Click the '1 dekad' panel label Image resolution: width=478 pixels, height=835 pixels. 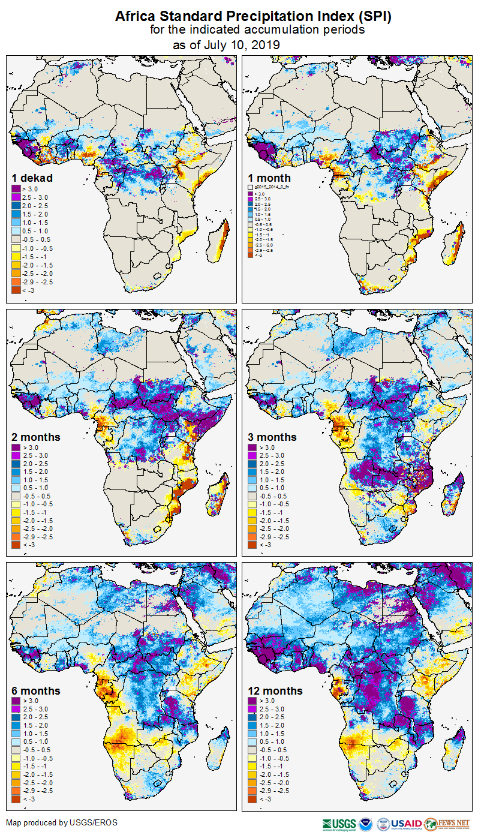point(32,178)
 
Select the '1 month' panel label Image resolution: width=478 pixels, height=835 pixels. point(269,178)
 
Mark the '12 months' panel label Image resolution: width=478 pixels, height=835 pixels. point(275,691)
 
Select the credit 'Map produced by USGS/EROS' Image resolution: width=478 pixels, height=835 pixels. point(62,822)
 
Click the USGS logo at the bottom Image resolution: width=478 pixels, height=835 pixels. point(339,824)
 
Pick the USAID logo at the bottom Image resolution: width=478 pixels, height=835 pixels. point(407,824)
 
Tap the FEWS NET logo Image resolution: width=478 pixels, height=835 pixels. point(447,824)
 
